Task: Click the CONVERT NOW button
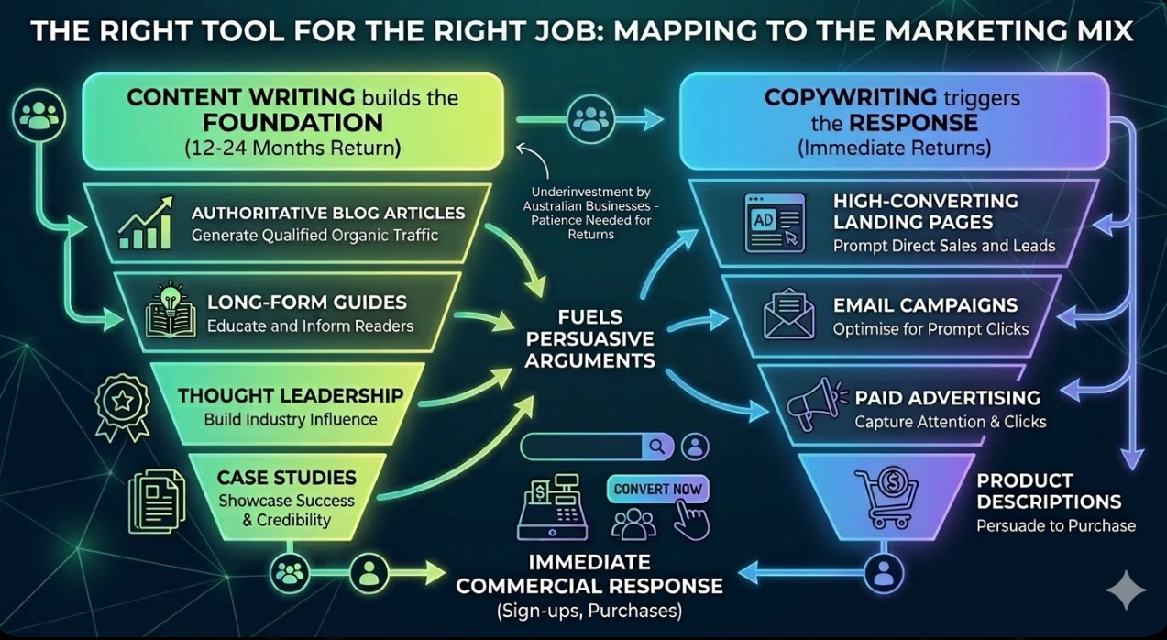point(657,489)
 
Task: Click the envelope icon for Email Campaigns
point(788,314)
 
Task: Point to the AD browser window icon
point(774,223)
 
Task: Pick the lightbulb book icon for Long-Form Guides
point(171,312)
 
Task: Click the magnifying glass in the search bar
point(656,447)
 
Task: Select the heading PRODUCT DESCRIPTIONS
point(1048,491)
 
